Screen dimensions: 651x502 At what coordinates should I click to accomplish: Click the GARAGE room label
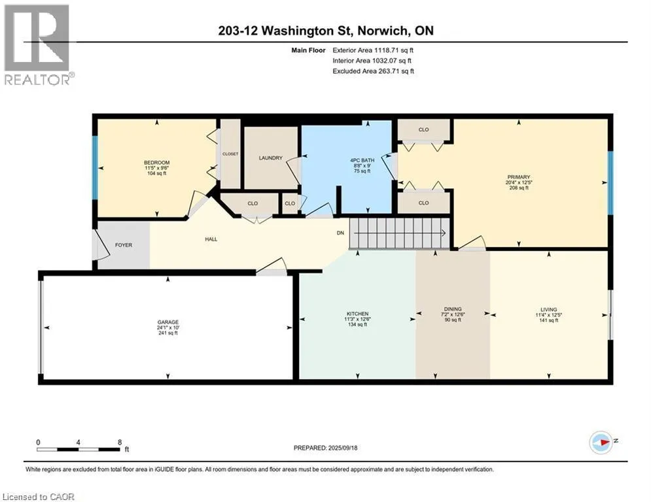pyautogui.click(x=167, y=322)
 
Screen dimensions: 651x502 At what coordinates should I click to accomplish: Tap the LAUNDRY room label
pyautogui.click(x=270, y=158)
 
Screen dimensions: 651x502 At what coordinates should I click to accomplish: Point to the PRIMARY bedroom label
pyautogui.click(x=519, y=177)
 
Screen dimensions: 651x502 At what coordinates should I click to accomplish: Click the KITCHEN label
pyautogui.click(x=357, y=314)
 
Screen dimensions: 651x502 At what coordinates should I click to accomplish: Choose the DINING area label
pyautogui.click(x=453, y=309)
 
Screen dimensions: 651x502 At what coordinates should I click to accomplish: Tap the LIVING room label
pyautogui.click(x=548, y=309)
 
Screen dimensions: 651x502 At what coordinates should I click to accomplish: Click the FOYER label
pyautogui.click(x=123, y=245)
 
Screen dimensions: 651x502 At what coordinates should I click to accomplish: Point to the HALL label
pyautogui.click(x=211, y=239)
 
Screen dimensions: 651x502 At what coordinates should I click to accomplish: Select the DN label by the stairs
pyautogui.click(x=340, y=233)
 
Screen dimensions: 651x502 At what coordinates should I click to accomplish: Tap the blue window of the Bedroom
pyautogui.click(x=95, y=167)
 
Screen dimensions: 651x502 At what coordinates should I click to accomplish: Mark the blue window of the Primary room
pyautogui.click(x=610, y=183)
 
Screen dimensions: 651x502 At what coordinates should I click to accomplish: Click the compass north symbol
pyautogui.click(x=601, y=443)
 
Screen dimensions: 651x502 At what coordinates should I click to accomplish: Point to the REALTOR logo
pyautogui.click(x=38, y=45)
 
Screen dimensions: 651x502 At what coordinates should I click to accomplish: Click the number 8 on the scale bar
pyautogui.click(x=120, y=443)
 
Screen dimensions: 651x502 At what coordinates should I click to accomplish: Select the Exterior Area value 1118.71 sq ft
pyautogui.click(x=394, y=50)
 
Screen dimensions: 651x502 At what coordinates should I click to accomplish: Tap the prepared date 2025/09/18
pyautogui.click(x=343, y=448)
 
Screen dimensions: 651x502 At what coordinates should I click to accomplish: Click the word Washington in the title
pyautogui.click(x=298, y=31)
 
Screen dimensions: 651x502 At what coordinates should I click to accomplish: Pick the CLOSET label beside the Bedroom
pyautogui.click(x=230, y=154)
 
